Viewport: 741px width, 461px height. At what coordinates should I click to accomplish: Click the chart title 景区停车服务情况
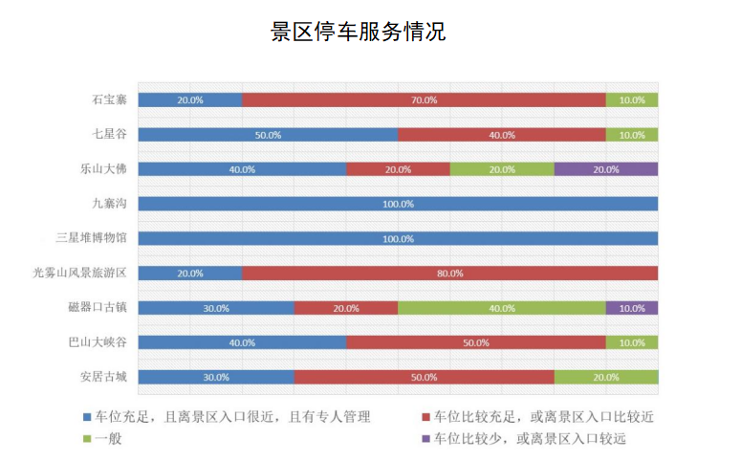pyautogui.click(x=358, y=33)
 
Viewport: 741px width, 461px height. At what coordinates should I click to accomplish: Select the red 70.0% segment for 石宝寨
pyautogui.click(x=424, y=99)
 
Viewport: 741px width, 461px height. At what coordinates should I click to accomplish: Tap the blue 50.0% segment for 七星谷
pyautogui.click(x=268, y=135)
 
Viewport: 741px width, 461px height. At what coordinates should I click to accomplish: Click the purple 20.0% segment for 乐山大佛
pyautogui.click(x=605, y=169)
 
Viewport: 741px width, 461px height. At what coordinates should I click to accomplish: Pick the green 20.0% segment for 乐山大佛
pyautogui.click(x=501, y=169)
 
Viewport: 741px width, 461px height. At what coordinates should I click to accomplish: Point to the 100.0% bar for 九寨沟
pyautogui.click(x=398, y=204)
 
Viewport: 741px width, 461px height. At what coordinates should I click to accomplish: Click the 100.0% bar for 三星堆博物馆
pyautogui.click(x=398, y=238)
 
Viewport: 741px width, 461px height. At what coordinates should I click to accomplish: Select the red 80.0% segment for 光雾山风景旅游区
pyautogui.click(x=449, y=274)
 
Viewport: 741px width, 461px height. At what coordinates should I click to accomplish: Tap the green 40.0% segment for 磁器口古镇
pyautogui.click(x=501, y=308)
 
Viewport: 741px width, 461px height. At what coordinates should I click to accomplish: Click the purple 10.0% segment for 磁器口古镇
pyautogui.click(x=631, y=308)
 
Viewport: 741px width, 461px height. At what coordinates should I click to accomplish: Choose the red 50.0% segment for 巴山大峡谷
pyautogui.click(x=475, y=342)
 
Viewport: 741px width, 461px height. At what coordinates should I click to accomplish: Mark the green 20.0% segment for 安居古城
pyautogui.click(x=605, y=377)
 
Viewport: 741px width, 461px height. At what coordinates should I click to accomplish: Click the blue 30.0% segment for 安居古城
pyautogui.click(x=216, y=377)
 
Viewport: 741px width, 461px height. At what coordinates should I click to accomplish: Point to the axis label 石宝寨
pyautogui.click(x=109, y=99)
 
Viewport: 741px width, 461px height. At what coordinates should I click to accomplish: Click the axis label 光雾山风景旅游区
pyautogui.click(x=79, y=274)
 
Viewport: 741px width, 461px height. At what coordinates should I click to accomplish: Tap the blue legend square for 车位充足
pyautogui.click(x=87, y=418)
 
